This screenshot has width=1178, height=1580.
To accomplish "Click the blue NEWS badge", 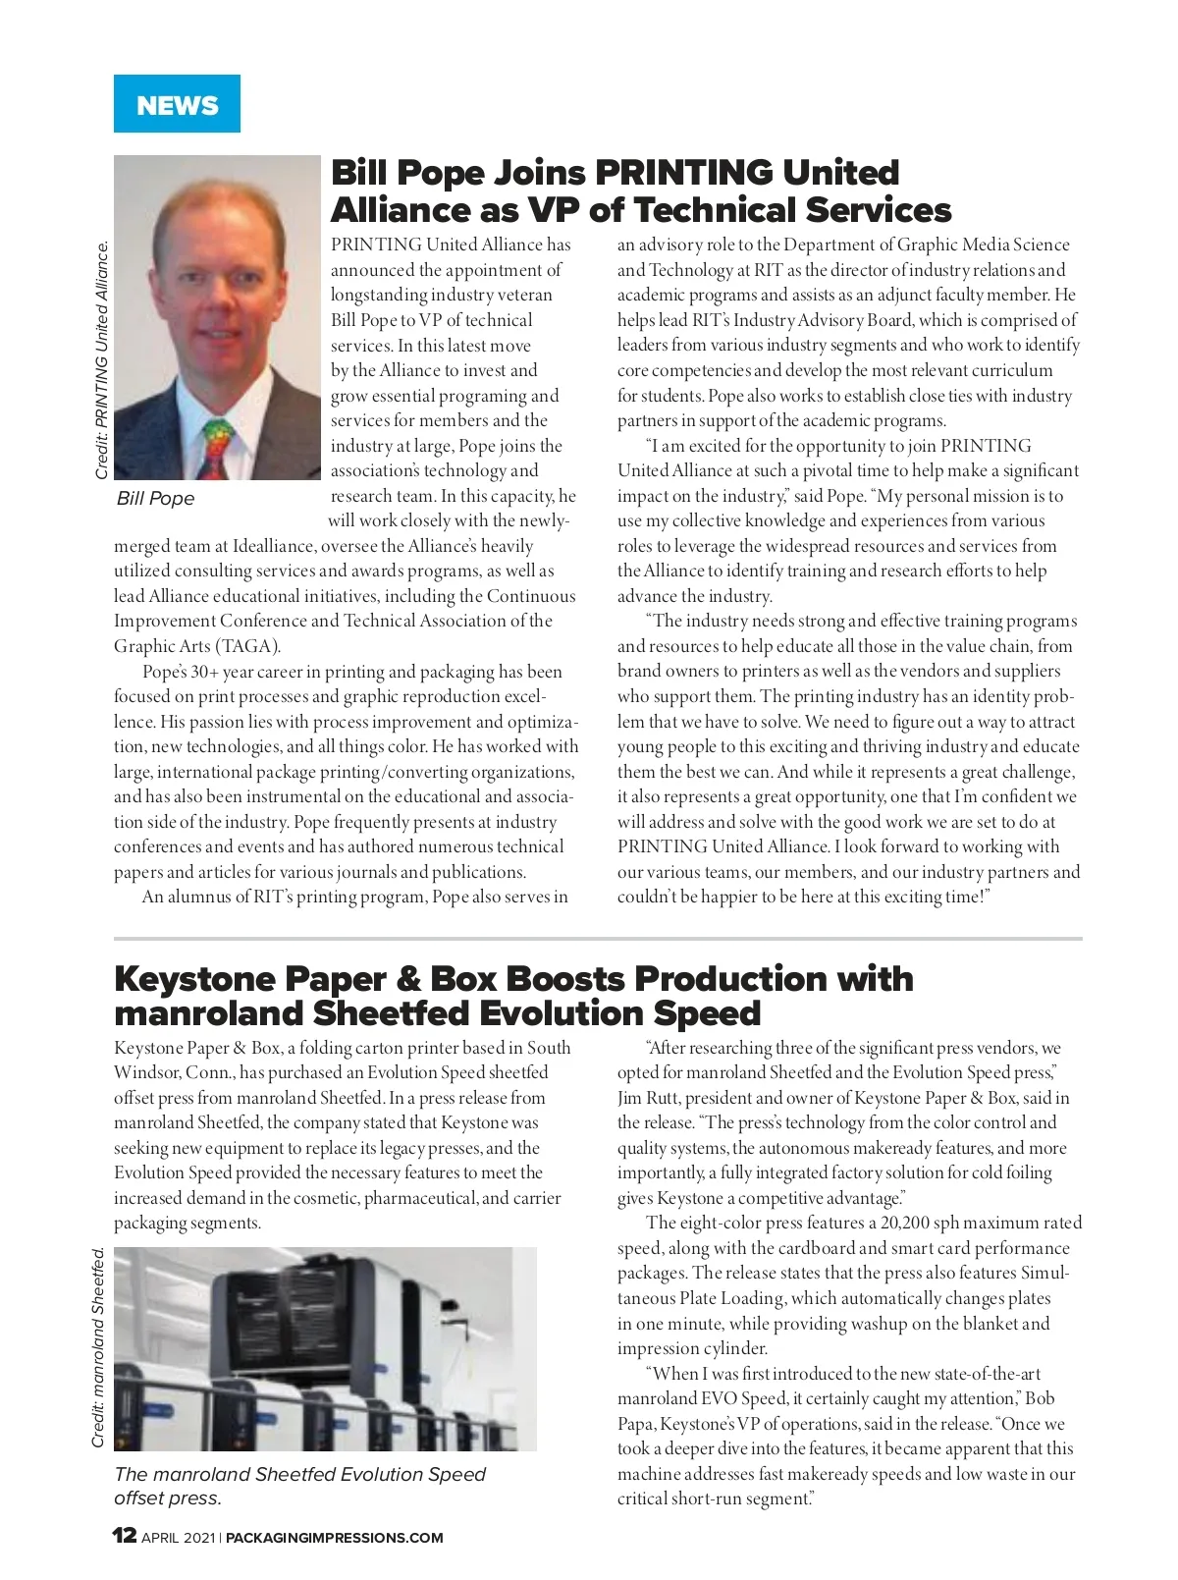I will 177,104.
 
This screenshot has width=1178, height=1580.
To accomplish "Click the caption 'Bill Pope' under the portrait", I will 155,499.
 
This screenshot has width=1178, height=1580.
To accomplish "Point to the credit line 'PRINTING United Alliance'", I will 102,360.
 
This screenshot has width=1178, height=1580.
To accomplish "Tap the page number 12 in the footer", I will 125,1536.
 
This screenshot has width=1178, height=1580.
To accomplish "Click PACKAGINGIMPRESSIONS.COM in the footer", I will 334,1538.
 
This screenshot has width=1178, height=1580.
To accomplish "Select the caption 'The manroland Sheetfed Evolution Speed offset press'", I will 299,1486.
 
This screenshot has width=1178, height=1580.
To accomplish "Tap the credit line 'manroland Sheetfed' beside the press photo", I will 98,1347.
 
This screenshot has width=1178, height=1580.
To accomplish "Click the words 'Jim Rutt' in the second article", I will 648,1098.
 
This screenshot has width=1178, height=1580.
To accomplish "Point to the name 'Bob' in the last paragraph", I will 1040,1398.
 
